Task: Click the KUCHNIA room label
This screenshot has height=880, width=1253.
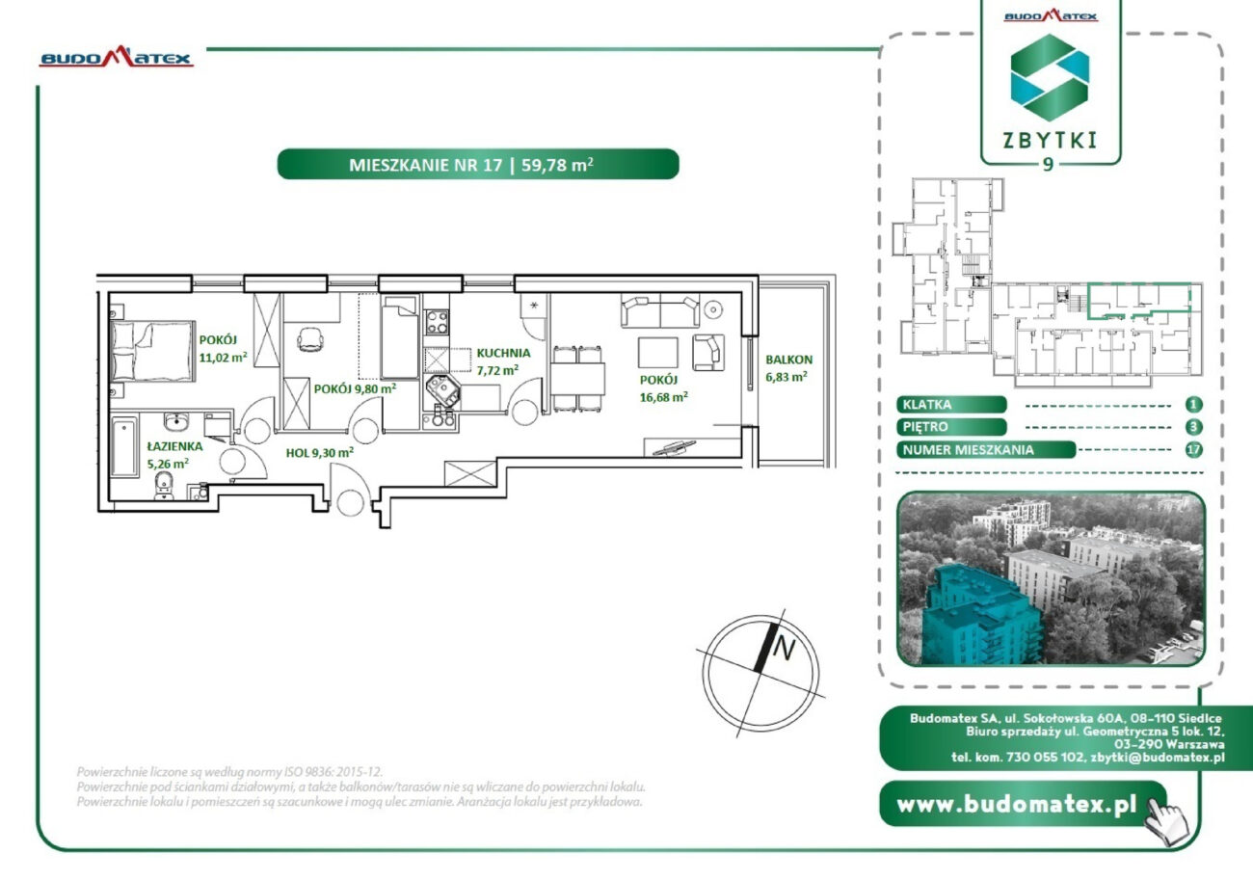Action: [x=503, y=353]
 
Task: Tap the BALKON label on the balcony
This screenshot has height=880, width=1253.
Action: [x=788, y=360]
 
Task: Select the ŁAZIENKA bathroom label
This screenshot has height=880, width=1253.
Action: [x=174, y=446]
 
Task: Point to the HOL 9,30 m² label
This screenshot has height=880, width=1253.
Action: [x=319, y=453]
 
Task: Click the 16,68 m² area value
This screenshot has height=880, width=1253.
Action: [x=663, y=397]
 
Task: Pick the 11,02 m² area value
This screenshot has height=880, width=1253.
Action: [x=223, y=358]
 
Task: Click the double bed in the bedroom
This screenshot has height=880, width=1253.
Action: [x=152, y=352]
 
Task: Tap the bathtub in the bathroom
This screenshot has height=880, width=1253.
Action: [x=123, y=446]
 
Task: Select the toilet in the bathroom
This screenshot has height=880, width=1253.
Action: [x=164, y=485]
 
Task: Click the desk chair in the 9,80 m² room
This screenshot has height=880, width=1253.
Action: [x=310, y=339]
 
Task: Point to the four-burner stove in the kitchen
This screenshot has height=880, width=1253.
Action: [x=437, y=322]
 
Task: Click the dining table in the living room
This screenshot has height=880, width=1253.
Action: [x=577, y=380]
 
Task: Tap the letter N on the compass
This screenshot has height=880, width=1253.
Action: [x=784, y=649]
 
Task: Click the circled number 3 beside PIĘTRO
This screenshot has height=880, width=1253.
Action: [x=1193, y=427]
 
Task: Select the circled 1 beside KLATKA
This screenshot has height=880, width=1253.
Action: [x=1193, y=405]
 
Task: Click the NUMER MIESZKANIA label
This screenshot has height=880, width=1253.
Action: [x=969, y=450]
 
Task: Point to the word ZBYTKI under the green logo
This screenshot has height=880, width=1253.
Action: [x=1050, y=141]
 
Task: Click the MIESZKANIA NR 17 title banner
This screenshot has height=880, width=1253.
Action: [x=478, y=164]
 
